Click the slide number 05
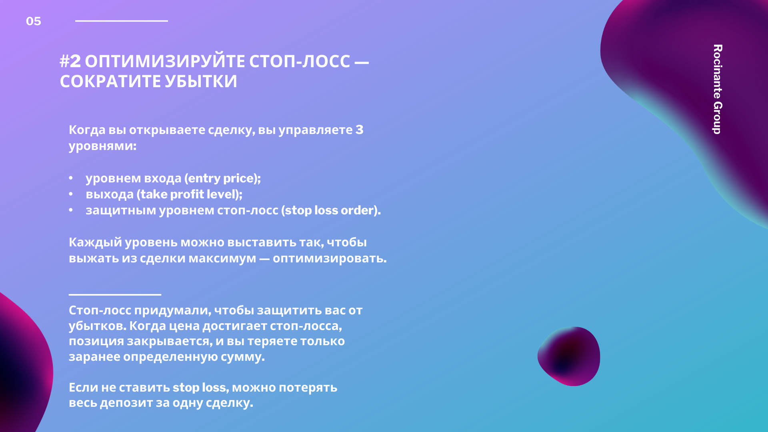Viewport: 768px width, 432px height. coord(34,21)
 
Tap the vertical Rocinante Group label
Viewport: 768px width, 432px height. coord(718,89)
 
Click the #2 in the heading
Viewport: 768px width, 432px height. coord(70,61)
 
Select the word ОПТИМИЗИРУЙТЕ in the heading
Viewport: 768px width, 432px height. coord(165,61)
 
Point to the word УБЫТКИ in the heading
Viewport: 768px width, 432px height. coord(201,82)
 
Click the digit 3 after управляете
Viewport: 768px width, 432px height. coord(360,130)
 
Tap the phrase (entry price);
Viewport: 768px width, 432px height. coord(222,178)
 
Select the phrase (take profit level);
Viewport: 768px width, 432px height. coord(190,194)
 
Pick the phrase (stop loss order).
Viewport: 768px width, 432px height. coord(331,210)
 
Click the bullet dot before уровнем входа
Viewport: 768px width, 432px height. coord(71,178)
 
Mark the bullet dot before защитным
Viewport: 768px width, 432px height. coord(71,210)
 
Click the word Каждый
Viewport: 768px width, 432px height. coord(95,242)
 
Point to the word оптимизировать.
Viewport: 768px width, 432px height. coord(330,258)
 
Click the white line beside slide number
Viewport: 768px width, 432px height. coord(122,21)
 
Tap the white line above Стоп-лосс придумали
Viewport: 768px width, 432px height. coord(115,295)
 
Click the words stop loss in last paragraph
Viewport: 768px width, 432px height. coord(200,388)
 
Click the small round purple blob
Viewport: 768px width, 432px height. coord(569,356)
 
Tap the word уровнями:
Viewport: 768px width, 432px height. coord(102,146)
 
